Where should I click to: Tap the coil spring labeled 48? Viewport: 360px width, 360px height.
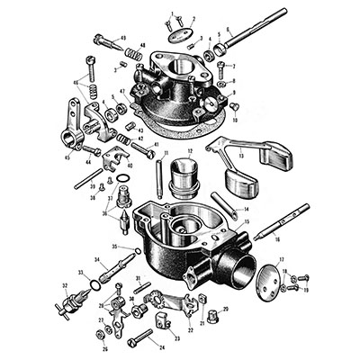click(x=132, y=55)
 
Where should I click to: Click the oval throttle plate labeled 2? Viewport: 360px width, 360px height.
click(x=183, y=35)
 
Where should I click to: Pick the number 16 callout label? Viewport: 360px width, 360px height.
click(x=277, y=239)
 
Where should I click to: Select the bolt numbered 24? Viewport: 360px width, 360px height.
click(x=143, y=340)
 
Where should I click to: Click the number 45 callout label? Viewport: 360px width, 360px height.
click(x=67, y=157)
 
